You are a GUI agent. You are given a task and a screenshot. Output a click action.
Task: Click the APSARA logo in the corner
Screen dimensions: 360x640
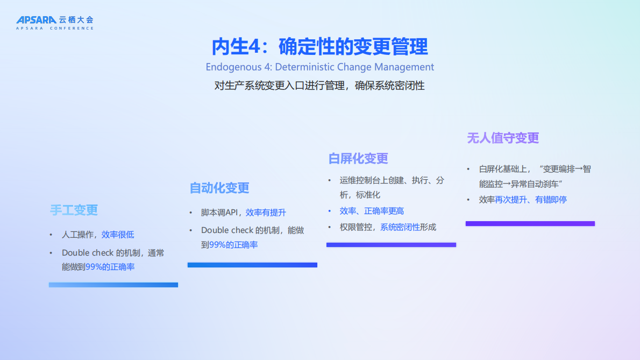click(x=36, y=20)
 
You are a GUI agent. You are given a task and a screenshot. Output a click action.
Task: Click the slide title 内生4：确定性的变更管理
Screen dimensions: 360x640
click(x=319, y=47)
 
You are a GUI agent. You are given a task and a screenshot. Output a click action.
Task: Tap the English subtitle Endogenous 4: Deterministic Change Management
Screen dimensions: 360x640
click(x=319, y=67)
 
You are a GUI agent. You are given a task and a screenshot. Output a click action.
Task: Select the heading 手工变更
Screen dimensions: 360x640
click(x=74, y=210)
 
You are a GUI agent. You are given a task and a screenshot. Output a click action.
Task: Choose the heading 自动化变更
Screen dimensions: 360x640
click(x=219, y=188)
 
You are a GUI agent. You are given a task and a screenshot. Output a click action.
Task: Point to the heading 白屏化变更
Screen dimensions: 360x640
click(x=358, y=159)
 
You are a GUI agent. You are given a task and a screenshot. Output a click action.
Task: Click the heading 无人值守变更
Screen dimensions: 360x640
click(x=503, y=138)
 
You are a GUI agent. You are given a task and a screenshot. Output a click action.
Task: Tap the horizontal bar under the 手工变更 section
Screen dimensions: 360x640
click(x=113, y=285)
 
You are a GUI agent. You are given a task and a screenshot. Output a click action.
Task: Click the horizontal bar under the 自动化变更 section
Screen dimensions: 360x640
click(x=252, y=265)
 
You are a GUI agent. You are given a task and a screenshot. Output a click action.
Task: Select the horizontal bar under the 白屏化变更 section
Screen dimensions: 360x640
click(x=391, y=245)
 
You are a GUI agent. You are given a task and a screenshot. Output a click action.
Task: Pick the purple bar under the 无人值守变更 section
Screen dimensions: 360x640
click(x=530, y=223)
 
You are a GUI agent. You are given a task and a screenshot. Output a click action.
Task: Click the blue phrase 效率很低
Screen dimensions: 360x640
click(x=118, y=235)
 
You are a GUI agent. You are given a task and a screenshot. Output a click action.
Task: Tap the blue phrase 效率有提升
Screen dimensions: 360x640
click(x=266, y=213)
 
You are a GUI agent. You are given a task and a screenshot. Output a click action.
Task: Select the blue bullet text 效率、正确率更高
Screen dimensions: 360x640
click(x=372, y=211)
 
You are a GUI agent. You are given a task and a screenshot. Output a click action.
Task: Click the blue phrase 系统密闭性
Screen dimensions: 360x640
click(x=400, y=227)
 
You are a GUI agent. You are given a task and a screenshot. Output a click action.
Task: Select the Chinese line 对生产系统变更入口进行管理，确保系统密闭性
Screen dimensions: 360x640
click(x=319, y=86)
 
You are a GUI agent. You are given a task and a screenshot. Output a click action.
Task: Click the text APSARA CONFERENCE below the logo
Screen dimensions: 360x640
click(x=55, y=28)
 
